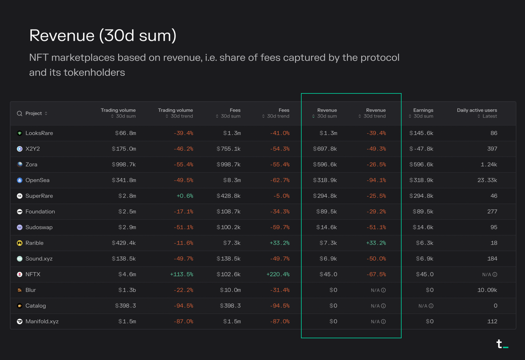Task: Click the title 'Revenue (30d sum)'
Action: (103, 36)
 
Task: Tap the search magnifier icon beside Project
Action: (19, 113)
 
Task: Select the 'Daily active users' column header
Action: (476, 110)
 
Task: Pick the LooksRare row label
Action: (39, 133)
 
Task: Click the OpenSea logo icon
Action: (20, 180)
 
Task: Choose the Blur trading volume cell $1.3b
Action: (127, 290)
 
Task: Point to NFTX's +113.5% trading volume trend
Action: (181, 274)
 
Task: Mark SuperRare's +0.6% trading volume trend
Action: (184, 196)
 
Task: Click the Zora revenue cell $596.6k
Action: (325, 164)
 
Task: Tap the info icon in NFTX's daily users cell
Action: (495, 275)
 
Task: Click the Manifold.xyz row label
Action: (42, 322)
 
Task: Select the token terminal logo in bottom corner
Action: (502, 344)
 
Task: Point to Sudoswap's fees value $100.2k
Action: (228, 227)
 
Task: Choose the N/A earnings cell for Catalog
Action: (425, 306)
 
